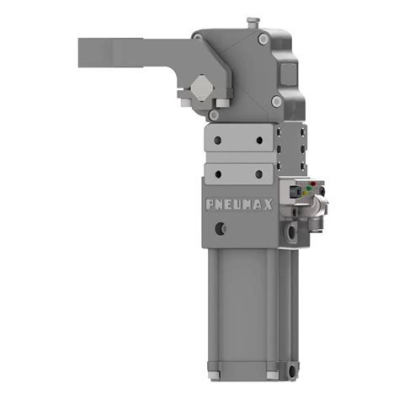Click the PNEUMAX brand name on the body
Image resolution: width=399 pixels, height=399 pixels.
(x=238, y=203)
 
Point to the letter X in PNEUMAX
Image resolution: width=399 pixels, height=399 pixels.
(x=268, y=203)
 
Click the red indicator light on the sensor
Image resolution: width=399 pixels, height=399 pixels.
(x=312, y=185)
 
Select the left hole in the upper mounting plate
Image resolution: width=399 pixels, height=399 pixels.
(x=217, y=140)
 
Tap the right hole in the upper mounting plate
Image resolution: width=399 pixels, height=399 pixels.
(x=258, y=140)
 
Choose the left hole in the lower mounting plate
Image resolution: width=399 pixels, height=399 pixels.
(x=217, y=173)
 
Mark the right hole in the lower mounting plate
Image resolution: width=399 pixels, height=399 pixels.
(x=258, y=173)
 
